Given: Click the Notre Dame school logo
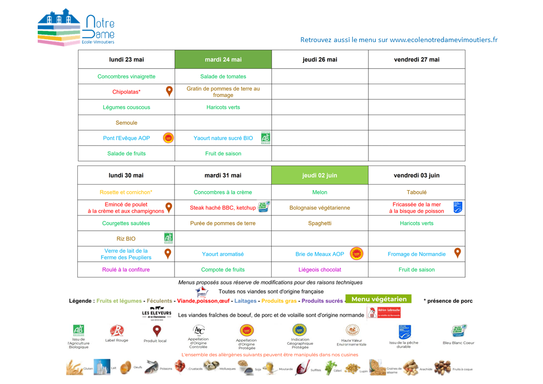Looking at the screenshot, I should pyautogui.click(x=76, y=29).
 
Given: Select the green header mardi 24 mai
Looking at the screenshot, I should pyautogui.click(x=223, y=59).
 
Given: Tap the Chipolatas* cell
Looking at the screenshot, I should pyautogui.click(x=126, y=92).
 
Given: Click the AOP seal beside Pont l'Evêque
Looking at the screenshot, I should pyautogui.click(x=168, y=138).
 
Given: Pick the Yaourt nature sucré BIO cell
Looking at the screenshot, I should pyautogui.click(x=223, y=138).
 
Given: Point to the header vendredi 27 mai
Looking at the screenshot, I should pyautogui.click(x=416, y=59).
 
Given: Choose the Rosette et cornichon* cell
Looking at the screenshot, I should pyautogui.click(x=126, y=192).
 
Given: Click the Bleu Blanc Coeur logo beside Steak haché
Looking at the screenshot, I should pyautogui.click(x=264, y=207).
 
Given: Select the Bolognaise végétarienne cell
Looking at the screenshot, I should pyautogui.click(x=320, y=208).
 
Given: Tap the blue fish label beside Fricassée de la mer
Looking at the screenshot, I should pyautogui.click(x=457, y=207).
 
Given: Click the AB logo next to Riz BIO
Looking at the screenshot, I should pyautogui.click(x=168, y=238).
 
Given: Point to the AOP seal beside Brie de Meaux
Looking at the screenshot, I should pyautogui.click(x=356, y=253).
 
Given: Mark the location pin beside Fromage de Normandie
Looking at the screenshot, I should pyautogui.click(x=457, y=253).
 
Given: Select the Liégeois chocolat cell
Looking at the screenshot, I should pyautogui.click(x=320, y=270).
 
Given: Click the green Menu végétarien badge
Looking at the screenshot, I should pyautogui.click(x=379, y=299).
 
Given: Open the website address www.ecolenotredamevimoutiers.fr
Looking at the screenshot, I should pyautogui.click(x=443, y=40).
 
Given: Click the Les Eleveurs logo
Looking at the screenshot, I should pyautogui.click(x=156, y=313).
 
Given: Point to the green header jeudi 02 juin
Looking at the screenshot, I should pyautogui.click(x=320, y=176).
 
